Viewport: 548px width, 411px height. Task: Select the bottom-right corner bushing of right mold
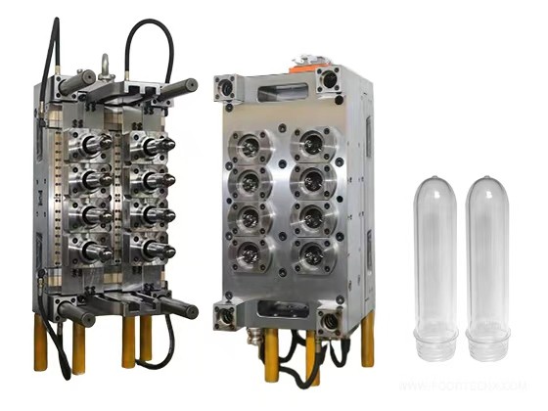click(x=331, y=319)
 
